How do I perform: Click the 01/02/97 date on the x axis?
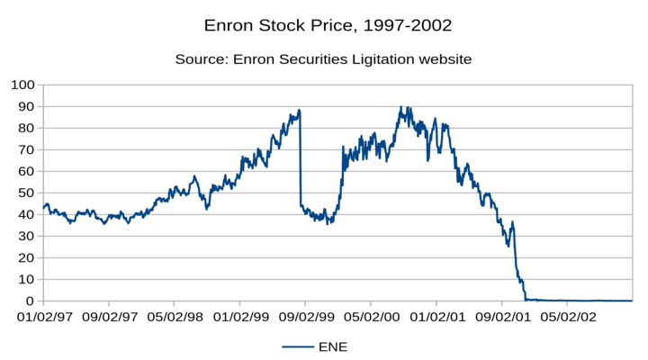[43, 317]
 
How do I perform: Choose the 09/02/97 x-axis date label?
[109, 317]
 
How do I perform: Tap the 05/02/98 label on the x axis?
[174, 317]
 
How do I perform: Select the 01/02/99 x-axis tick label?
[239, 317]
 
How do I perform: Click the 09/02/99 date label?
[305, 317]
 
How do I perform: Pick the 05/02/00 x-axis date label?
[371, 317]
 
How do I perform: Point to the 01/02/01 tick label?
[436, 317]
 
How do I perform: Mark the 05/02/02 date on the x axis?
[567, 317]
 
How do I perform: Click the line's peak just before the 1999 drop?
[299, 111]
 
